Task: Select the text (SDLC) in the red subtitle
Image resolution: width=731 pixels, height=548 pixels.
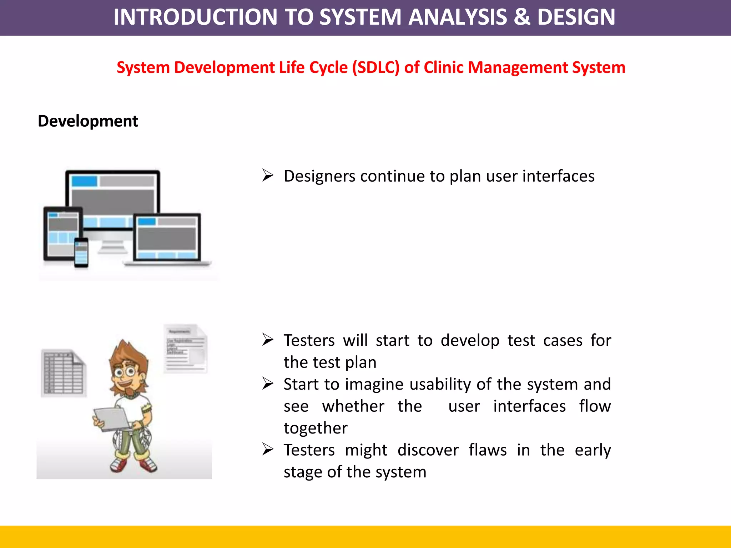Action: [375, 68]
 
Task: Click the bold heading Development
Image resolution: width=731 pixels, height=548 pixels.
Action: [88, 121]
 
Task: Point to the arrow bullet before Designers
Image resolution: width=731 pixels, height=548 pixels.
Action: [268, 176]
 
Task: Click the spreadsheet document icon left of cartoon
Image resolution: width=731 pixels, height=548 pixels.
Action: [64, 373]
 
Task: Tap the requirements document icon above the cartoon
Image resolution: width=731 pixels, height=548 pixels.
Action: [186, 349]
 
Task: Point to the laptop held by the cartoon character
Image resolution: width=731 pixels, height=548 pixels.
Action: [112, 418]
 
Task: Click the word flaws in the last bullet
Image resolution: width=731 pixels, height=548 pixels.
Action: [488, 450]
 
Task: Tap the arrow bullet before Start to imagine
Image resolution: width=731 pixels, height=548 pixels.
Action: [268, 384]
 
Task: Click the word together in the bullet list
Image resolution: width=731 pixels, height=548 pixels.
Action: [316, 428]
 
